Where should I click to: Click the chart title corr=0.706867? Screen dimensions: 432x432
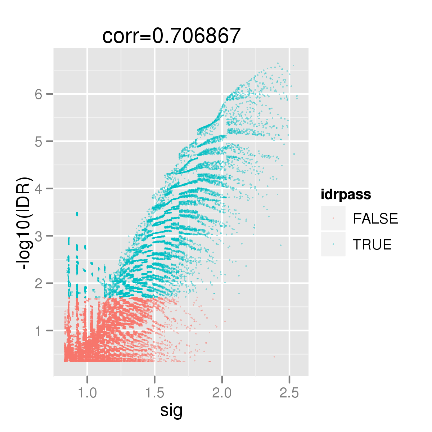pos(171,36)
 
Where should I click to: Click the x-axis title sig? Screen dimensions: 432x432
pos(171,410)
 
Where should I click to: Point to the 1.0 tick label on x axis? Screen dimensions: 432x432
pos(87,393)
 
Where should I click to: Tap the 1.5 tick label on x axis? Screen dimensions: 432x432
pos(155,393)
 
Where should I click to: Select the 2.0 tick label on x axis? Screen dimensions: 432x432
pos(222,393)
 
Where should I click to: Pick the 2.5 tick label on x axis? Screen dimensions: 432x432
pos(289,393)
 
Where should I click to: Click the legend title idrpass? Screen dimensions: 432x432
pos(346,195)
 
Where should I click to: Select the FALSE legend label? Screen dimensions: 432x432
pos(375,219)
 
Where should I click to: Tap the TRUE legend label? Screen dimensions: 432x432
pos(372,244)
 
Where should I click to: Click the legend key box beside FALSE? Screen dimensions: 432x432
pos(333,219)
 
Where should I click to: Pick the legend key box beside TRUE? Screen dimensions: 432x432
pos(333,244)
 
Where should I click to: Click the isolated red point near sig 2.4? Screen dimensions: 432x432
pos(274,356)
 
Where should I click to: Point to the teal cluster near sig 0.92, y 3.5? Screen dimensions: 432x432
pos(77,214)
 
